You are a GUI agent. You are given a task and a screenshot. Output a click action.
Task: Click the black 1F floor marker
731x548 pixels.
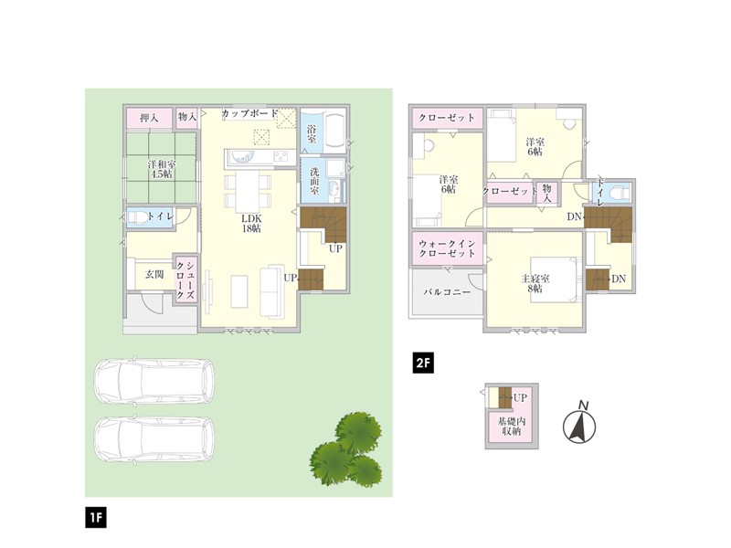tap(96, 517)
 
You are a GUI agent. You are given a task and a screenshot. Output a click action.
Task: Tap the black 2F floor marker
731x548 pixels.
tap(423, 363)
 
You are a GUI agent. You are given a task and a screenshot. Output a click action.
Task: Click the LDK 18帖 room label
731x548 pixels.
tap(251, 224)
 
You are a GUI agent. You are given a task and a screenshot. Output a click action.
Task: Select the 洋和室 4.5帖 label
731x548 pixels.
tap(162, 169)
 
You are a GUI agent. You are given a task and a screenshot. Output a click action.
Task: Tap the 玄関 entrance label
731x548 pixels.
tap(154, 275)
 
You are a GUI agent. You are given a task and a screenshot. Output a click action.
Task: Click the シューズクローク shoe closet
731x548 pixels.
tap(185, 279)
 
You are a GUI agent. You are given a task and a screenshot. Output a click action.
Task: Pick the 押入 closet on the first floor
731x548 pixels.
tap(149, 118)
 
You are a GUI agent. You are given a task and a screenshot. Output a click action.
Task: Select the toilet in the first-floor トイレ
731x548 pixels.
tap(137, 217)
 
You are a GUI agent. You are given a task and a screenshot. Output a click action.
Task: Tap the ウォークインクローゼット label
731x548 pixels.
tap(447, 248)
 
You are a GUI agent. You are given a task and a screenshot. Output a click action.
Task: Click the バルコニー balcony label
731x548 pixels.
tap(447, 292)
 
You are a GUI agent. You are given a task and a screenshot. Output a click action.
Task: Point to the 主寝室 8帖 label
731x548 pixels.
tap(535, 283)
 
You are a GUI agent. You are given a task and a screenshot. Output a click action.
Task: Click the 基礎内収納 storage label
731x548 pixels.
tap(512, 427)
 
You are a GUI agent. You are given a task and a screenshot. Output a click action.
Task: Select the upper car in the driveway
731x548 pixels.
tap(154, 381)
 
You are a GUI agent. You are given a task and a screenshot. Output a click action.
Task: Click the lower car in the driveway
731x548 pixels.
tap(154, 439)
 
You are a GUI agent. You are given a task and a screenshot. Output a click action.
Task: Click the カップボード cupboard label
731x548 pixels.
tap(249, 113)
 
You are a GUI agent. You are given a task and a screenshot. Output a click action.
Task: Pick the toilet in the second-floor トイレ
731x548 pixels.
tap(618, 192)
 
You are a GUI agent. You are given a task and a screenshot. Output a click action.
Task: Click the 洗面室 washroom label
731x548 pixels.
tap(314, 181)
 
